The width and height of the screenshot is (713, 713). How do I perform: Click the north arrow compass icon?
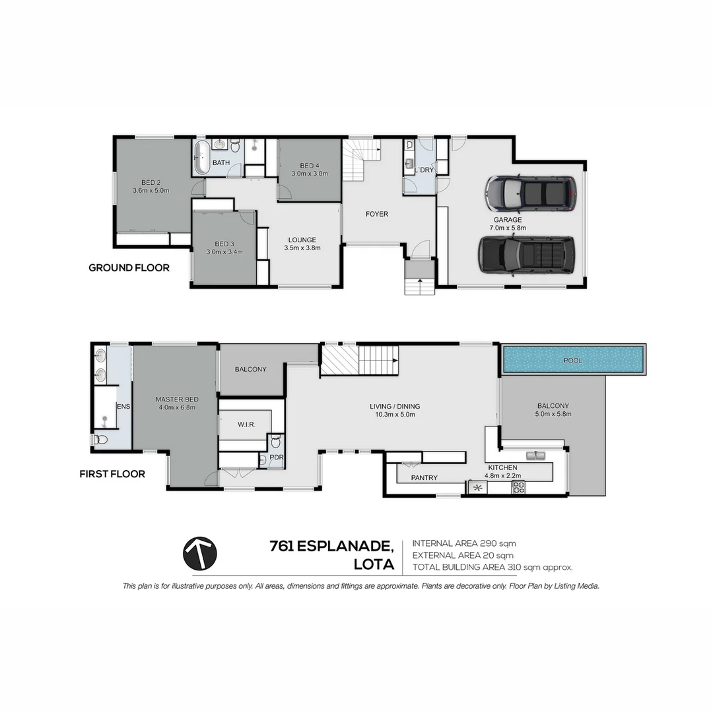pos(200,553)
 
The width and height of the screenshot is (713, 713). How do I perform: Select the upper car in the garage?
pos(531,193)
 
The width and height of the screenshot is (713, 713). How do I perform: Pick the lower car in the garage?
pos(527,254)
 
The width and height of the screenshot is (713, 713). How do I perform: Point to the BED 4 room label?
pos(310,166)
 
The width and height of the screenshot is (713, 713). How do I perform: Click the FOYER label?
pos(377,214)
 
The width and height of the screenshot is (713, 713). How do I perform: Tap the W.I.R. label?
pos(246,424)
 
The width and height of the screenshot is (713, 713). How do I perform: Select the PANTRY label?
pos(424,478)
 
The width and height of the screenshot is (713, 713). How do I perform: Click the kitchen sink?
pos(535,456)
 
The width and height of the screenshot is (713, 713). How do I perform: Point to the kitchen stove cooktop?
pos(519,488)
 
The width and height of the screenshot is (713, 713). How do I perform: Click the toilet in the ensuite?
pos(100,439)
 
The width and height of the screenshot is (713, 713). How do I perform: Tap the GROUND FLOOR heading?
pos(129,268)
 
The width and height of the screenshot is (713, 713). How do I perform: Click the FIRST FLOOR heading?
pos(112,474)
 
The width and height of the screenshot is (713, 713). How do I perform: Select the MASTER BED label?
pos(177,399)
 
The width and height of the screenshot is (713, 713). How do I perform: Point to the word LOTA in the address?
pos(374,564)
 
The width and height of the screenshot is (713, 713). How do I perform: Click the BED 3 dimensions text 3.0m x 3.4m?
pos(224,252)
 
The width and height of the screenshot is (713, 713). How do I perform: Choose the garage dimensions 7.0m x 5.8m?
pos(508,228)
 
